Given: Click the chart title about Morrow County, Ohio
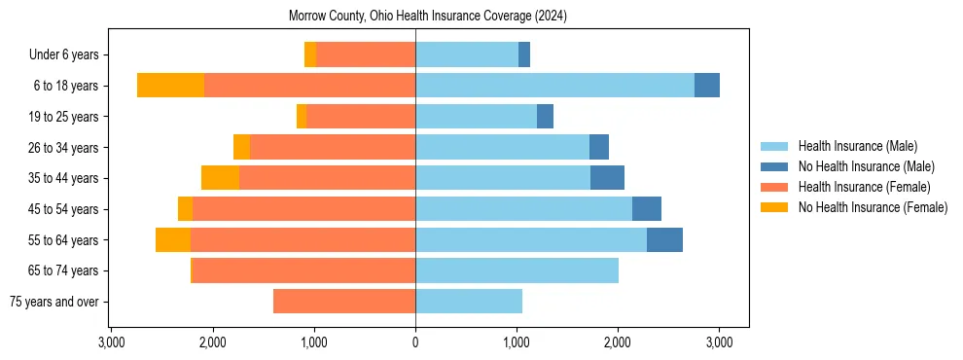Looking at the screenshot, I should [x=428, y=17].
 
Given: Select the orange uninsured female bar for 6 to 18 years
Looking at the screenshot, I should [x=170, y=85].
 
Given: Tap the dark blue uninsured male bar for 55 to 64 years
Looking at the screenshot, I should [x=664, y=239].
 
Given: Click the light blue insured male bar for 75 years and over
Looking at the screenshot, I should [x=469, y=302].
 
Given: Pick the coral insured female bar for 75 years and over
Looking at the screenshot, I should [x=344, y=302].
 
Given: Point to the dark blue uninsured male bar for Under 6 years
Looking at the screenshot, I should [x=524, y=54].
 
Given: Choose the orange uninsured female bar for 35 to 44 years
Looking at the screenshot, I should [x=220, y=178].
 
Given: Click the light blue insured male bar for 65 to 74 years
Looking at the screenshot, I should [x=517, y=270].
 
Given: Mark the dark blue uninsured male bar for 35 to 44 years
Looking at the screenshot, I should [x=607, y=178].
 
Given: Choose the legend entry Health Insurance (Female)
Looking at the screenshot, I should [x=864, y=187].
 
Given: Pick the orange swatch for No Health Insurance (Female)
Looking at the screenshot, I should [x=775, y=207].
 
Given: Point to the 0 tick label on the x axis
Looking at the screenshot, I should [x=415, y=342].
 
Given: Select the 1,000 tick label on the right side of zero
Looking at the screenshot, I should [x=517, y=342].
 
